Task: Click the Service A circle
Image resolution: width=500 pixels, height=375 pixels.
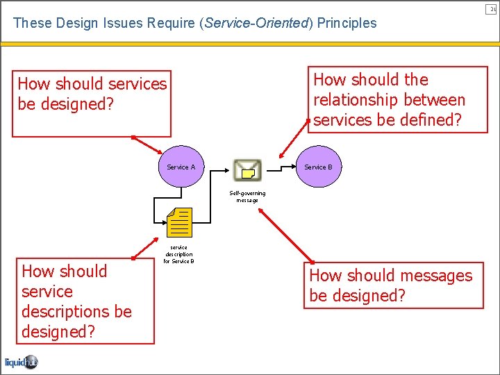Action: pyautogui.click(x=181, y=167)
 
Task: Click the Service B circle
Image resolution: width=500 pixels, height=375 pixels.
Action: pyautogui.click(x=318, y=167)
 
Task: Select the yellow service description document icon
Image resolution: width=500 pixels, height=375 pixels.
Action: pyautogui.click(x=180, y=222)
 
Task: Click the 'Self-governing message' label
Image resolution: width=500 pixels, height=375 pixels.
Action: pyautogui.click(x=247, y=197)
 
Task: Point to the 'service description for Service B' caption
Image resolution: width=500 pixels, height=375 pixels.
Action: pyautogui.click(x=178, y=254)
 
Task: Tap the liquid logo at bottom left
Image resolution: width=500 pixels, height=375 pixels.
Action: pyautogui.click(x=21, y=362)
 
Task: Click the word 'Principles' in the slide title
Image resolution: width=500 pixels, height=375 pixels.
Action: pyautogui.click(x=347, y=23)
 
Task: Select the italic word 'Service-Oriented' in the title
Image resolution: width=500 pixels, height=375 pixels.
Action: pyautogui.click(x=255, y=23)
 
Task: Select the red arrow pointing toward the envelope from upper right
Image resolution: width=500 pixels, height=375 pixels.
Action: pyautogui.click(x=293, y=144)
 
